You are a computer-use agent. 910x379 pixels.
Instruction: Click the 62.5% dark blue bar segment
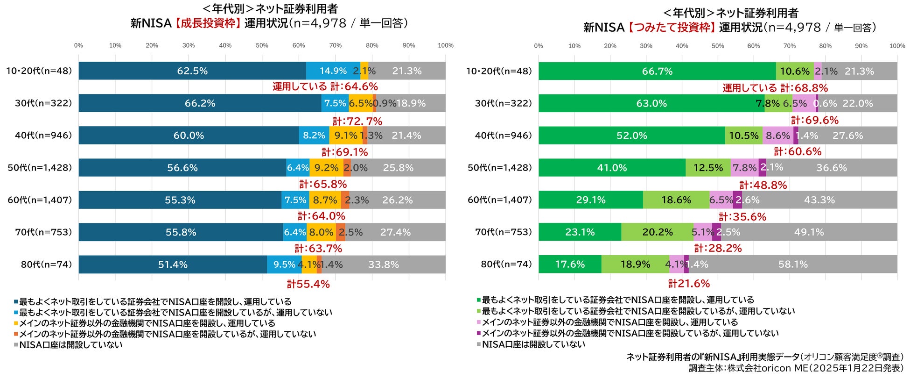pyautogui.click(x=192, y=71)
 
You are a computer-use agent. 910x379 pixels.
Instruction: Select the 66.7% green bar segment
pyautogui.click(x=657, y=72)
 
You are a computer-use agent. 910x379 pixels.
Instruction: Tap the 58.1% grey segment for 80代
pyautogui.click(x=793, y=265)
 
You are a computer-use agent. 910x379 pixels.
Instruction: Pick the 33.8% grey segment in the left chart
pyautogui.click(x=383, y=265)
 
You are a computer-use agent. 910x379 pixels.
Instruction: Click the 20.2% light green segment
pyautogui.click(x=657, y=232)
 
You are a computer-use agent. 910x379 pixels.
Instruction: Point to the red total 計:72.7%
pyautogui.click(x=357, y=122)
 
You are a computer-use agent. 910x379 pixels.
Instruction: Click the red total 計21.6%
pyautogui.click(x=689, y=284)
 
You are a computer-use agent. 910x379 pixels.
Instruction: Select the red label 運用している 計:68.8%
pyautogui.click(x=775, y=88)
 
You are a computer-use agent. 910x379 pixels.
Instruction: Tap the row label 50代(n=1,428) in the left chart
pyautogui.click(x=40, y=168)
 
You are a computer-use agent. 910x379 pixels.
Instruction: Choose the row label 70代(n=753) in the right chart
pyautogui.click(x=503, y=232)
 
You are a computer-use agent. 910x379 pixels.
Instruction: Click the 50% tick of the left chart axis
pyautogui.click(x=262, y=45)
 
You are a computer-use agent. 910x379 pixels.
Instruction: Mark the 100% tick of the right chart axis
pyautogui.click(x=897, y=46)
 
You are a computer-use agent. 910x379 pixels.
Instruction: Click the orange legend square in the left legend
pyautogui.click(x=16, y=334)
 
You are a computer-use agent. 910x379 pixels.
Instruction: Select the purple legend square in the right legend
pyautogui.click(x=478, y=333)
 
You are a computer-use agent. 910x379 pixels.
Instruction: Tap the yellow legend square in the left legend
pyautogui.click(x=16, y=323)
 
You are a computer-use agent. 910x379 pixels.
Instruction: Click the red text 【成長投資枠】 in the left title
pyautogui.click(x=208, y=23)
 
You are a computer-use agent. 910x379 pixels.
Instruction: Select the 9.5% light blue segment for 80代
pyautogui.click(x=284, y=265)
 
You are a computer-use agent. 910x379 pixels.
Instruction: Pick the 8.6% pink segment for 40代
pyautogui.click(x=777, y=136)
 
